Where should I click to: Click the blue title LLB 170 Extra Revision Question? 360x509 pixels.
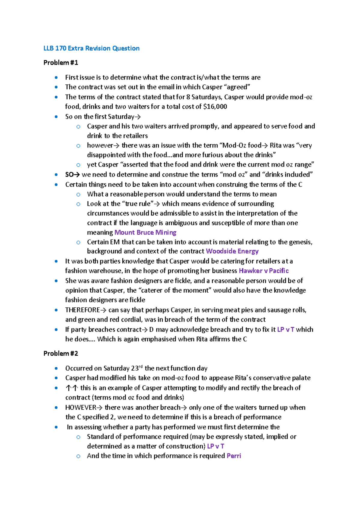tap(91, 48)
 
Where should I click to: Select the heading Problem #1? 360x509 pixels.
tap(61, 63)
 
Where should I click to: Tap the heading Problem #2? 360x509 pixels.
tap(61, 354)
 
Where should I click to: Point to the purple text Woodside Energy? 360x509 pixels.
tap(232, 251)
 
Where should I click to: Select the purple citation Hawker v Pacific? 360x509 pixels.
tap(263, 271)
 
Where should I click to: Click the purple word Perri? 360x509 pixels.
tap(234, 456)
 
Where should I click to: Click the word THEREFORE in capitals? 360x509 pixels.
tap(82, 310)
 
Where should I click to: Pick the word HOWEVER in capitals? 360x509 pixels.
tap(80, 407)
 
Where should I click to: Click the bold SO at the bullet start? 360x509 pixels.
tap(69, 174)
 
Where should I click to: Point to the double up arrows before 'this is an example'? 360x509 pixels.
tap(72, 388)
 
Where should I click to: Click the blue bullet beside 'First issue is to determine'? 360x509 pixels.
tap(56, 77)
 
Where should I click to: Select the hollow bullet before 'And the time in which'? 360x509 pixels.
tap(78, 456)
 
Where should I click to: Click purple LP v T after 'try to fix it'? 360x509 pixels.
tap(286, 330)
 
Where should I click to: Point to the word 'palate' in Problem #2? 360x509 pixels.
tap(301, 378)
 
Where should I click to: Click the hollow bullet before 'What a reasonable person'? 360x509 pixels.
tap(78, 194)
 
